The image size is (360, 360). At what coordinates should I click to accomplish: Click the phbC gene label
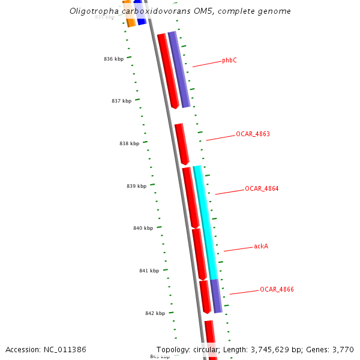[229, 60]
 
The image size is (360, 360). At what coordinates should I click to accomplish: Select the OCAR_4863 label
[253, 134]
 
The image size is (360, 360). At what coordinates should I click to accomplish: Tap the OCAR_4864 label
[262, 188]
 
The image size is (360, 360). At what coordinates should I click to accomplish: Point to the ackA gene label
[261, 246]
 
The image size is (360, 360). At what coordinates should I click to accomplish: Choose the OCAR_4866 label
[277, 289]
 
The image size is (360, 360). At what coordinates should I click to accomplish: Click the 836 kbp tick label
[113, 59]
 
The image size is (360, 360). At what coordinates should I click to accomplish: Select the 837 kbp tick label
[121, 101]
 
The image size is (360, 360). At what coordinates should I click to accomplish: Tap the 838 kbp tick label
[129, 143]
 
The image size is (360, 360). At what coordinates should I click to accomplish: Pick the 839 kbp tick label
[136, 186]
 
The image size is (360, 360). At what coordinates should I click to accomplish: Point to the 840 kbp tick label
[143, 228]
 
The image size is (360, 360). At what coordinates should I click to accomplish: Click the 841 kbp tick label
[149, 271]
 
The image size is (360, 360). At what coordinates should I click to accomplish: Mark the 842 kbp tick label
[155, 313]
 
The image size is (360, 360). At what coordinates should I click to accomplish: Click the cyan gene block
[208, 222]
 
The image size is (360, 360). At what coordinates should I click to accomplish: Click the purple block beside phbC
[179, 69]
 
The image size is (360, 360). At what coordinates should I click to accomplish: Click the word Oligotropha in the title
[90, 11]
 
